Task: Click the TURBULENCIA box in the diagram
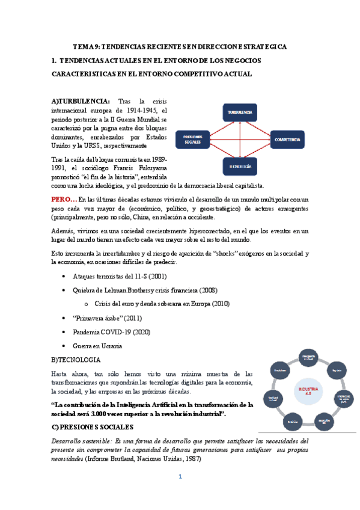coord(239,113)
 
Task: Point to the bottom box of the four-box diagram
coord(239,165)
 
